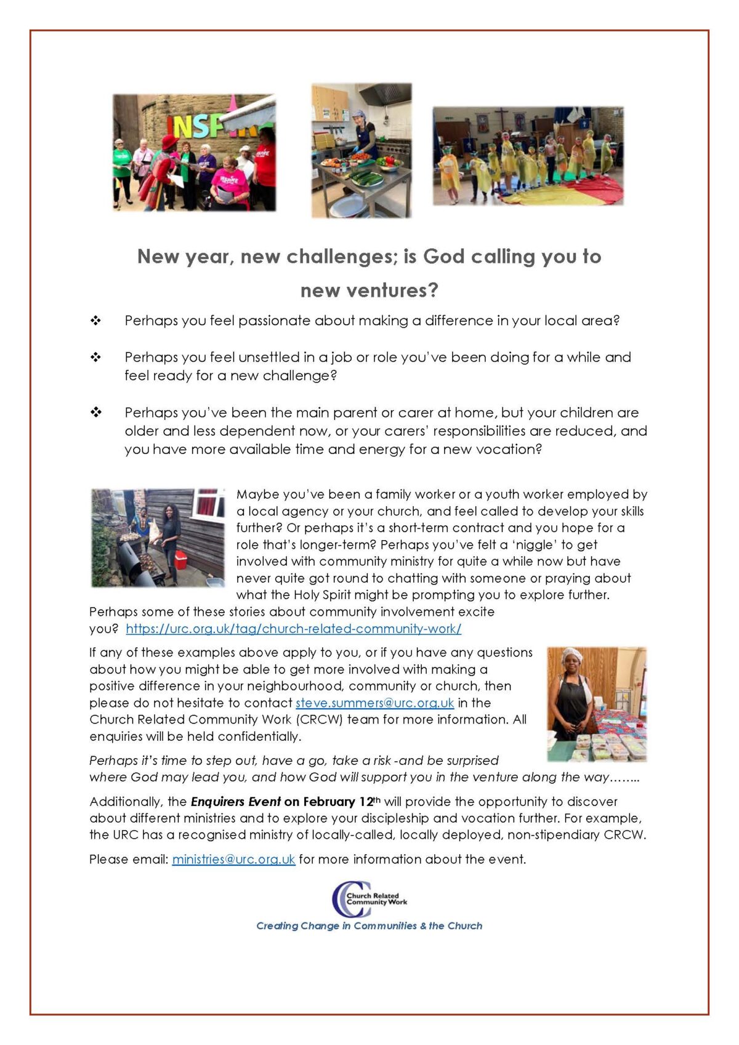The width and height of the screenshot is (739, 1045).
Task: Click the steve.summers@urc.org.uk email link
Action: pos(374,703)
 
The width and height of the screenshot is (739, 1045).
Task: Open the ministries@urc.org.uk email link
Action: pos(233,859)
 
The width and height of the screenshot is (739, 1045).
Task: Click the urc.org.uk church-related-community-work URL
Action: pos(293,629)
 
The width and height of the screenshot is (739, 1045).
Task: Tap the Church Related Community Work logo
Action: pos(369,899)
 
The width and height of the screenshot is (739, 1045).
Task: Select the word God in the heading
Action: pos(443,256)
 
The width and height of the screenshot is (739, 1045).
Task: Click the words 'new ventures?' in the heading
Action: pos(369,290)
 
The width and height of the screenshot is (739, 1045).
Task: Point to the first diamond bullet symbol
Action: pos(95,321)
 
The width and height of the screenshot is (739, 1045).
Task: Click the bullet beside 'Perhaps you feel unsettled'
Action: pos(95,357)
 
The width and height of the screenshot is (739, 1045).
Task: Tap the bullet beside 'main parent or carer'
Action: pos(95,413)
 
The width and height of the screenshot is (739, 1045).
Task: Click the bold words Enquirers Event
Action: pos(236,802)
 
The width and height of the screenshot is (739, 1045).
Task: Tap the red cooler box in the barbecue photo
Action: pos(181,560)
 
